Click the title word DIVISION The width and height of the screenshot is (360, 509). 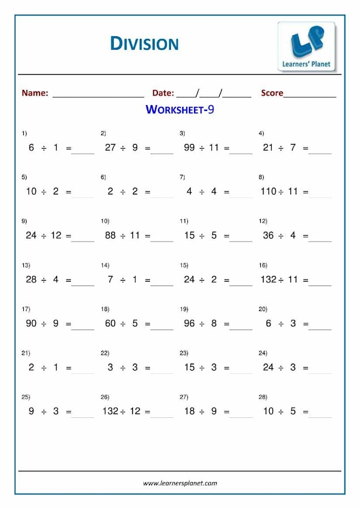tap(144, 43)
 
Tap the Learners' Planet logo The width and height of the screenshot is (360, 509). tap(306, 47)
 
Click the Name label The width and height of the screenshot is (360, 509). tap(35, 93)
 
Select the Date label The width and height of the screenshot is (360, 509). tap(163, 93)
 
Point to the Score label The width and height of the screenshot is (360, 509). tap(272, 93)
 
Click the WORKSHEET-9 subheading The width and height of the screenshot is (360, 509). tap(179, 110)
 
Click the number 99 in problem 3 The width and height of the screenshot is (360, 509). tap(189, 148)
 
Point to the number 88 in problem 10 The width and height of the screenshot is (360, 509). tap(110, 235)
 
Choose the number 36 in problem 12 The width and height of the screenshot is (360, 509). tap(268, 235)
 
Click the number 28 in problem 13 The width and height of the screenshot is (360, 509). tap(31, 279)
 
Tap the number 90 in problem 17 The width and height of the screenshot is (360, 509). tap(31, 323)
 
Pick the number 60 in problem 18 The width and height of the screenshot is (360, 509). tap(110, 323)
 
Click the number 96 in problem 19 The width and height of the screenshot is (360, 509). tap(189, 323)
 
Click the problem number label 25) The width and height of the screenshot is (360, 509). tap(25, 397)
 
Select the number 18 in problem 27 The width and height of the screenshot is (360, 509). tap(189, 411)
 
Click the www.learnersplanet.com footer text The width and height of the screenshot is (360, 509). tap(180, 483)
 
